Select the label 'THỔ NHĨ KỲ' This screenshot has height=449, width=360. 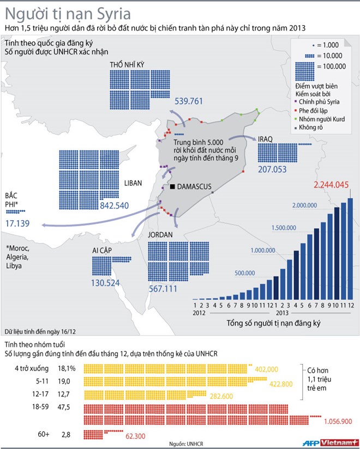[128, 65]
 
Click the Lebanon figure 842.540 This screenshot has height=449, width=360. [114, 205]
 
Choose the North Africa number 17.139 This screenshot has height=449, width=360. [17, 223]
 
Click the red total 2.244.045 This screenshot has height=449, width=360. [331, 185]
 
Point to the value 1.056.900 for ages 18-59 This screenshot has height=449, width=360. [338, 421]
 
